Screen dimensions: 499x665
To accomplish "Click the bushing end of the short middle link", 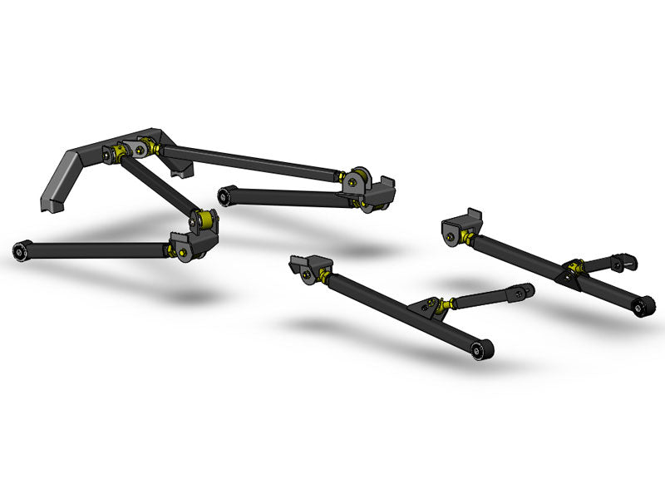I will pyautogui.click(x=223, y=195).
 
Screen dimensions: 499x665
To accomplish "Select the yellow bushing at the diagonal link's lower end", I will pyautogui.click(x=202, y=220).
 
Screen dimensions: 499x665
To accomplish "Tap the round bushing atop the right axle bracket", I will pyautogui.click(x=360, y=176).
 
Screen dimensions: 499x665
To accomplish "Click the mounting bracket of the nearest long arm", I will pyautogui.click(x=303, y=266).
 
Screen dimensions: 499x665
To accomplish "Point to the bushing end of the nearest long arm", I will pyautogui.click(x=478, y=351).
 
